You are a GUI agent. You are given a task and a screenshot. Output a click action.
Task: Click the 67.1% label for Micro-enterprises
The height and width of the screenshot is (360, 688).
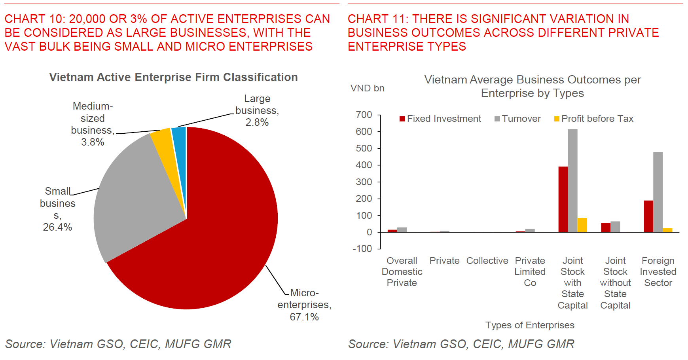(x=304, y=317)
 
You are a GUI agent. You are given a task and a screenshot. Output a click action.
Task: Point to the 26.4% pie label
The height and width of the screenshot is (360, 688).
(x=57, y=227)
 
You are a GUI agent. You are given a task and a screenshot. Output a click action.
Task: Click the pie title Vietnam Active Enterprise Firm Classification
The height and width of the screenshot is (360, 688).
(x=173, y=77)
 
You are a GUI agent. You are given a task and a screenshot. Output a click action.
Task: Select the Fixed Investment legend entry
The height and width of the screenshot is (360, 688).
(x=440, y=119)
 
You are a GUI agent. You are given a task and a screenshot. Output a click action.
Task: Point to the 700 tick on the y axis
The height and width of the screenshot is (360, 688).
(x=364, y=115)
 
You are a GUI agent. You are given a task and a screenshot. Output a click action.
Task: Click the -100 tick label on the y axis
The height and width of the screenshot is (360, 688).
(x=362, y=249)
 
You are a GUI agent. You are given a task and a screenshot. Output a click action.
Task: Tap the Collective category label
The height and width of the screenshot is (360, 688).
(x=487, y=261)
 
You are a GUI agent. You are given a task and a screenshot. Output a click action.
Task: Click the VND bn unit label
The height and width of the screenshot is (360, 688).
(x=367, y=88)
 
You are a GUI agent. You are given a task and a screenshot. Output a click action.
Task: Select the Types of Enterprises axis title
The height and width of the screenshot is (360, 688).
(x=530, y=325)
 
